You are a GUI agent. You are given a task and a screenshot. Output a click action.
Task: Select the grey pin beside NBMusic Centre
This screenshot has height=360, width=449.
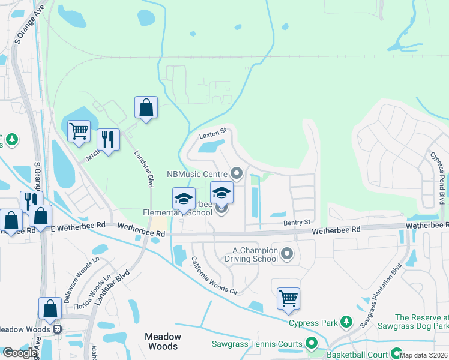(x=237, y=174)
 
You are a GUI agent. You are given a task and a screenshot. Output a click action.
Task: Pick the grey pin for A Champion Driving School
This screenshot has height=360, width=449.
(x=287, y=254)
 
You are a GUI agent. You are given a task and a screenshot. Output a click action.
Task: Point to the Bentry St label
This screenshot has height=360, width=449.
(x=297, y=222)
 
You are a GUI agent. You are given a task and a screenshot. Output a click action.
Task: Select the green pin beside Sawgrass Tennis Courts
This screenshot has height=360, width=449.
(x=311, y=344)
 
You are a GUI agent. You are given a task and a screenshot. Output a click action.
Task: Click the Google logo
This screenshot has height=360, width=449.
(x=20, y=353)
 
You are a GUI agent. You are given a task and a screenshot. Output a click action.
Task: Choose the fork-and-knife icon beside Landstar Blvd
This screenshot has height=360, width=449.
(x=108, y=140)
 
